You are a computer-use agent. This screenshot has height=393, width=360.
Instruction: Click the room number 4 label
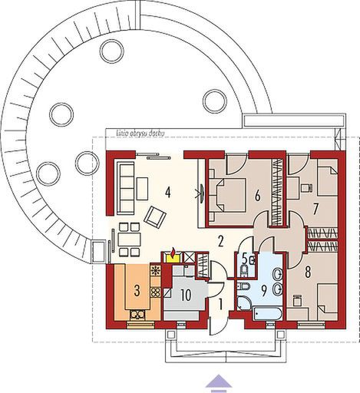pos(167,191)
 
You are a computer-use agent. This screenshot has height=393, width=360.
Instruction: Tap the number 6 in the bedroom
pos(258,196)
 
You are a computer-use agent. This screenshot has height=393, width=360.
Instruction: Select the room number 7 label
pos(315,207)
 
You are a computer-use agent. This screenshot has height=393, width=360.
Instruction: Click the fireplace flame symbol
pos(174,255)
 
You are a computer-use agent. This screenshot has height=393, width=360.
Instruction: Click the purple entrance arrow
pos(220,381)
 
